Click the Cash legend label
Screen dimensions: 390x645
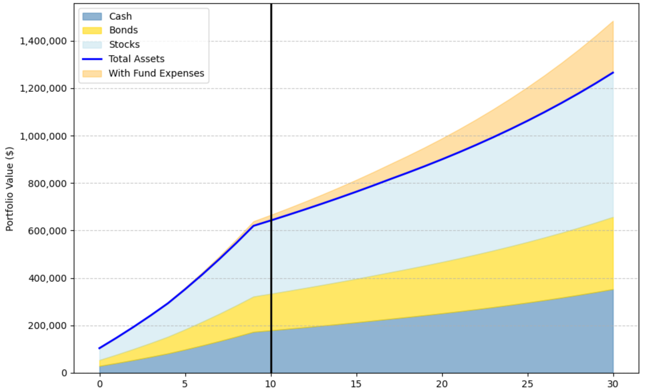click(120, 16)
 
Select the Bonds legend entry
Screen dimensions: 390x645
click(123, 30)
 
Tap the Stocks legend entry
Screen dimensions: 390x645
click(124, 45)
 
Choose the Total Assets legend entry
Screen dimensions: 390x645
click(136, 59)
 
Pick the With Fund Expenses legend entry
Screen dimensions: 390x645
click(156, 73)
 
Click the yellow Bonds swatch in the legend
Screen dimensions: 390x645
click(92, 31)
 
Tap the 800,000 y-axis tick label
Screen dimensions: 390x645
click(47, 183)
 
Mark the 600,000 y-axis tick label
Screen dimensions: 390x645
click(47, 231)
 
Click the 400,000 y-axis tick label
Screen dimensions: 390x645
click(47, 278)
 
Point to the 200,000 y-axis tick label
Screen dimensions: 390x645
click(47, 326)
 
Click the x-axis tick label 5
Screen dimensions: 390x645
click(185, 384)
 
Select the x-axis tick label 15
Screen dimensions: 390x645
click(356, 384)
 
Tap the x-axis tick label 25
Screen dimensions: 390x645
click(527, 384)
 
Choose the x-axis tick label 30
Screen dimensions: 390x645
click(613, 384)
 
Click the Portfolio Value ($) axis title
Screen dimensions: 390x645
click(10, 189)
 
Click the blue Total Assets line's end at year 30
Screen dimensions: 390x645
click(613, 72)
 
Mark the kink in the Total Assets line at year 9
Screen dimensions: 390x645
click(254, 226)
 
